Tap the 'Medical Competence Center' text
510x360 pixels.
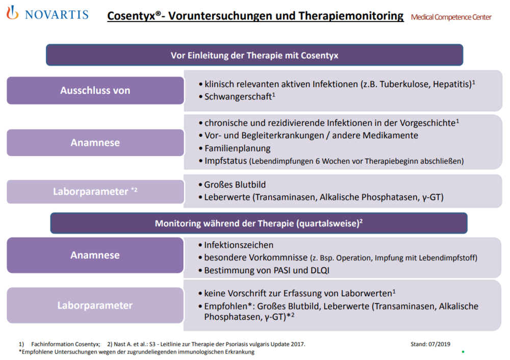pyautogui.click(x=451, y=17)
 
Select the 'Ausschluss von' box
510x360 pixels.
pyautogui.click(x=95, y=91)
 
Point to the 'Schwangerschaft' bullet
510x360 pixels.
pyautogui.click(x=237, y=96)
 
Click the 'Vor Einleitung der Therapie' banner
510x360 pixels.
pyautogui.click(x=254, y=55)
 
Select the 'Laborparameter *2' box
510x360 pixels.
pyautogui.click(x=95, y=192)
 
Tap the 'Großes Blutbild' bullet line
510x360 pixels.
pyautogui.click(x=235, y=185)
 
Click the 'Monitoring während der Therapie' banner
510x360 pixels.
pyautogui.click(x=259, y=223)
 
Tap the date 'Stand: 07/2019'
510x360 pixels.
pyautogui.click(x=430, y=344)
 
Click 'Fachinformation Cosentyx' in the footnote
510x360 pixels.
pyautogui.click(x=65, y=344)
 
